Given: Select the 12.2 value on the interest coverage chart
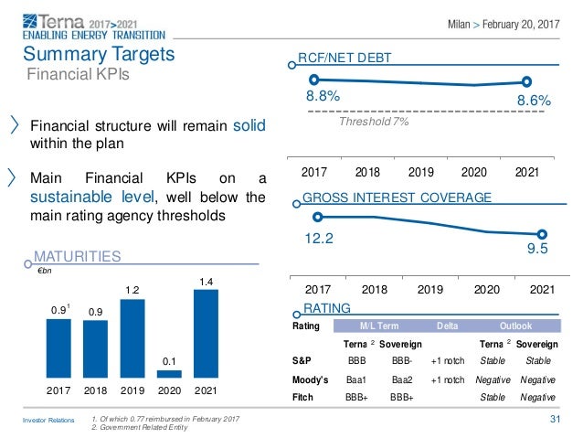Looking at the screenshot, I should pos(320,239).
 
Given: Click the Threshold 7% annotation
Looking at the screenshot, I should pos(374,121).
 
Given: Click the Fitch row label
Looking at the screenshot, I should pos(303,395).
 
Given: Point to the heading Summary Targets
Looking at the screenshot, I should pos(99,54).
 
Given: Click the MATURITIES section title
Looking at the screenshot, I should pos(77,259).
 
